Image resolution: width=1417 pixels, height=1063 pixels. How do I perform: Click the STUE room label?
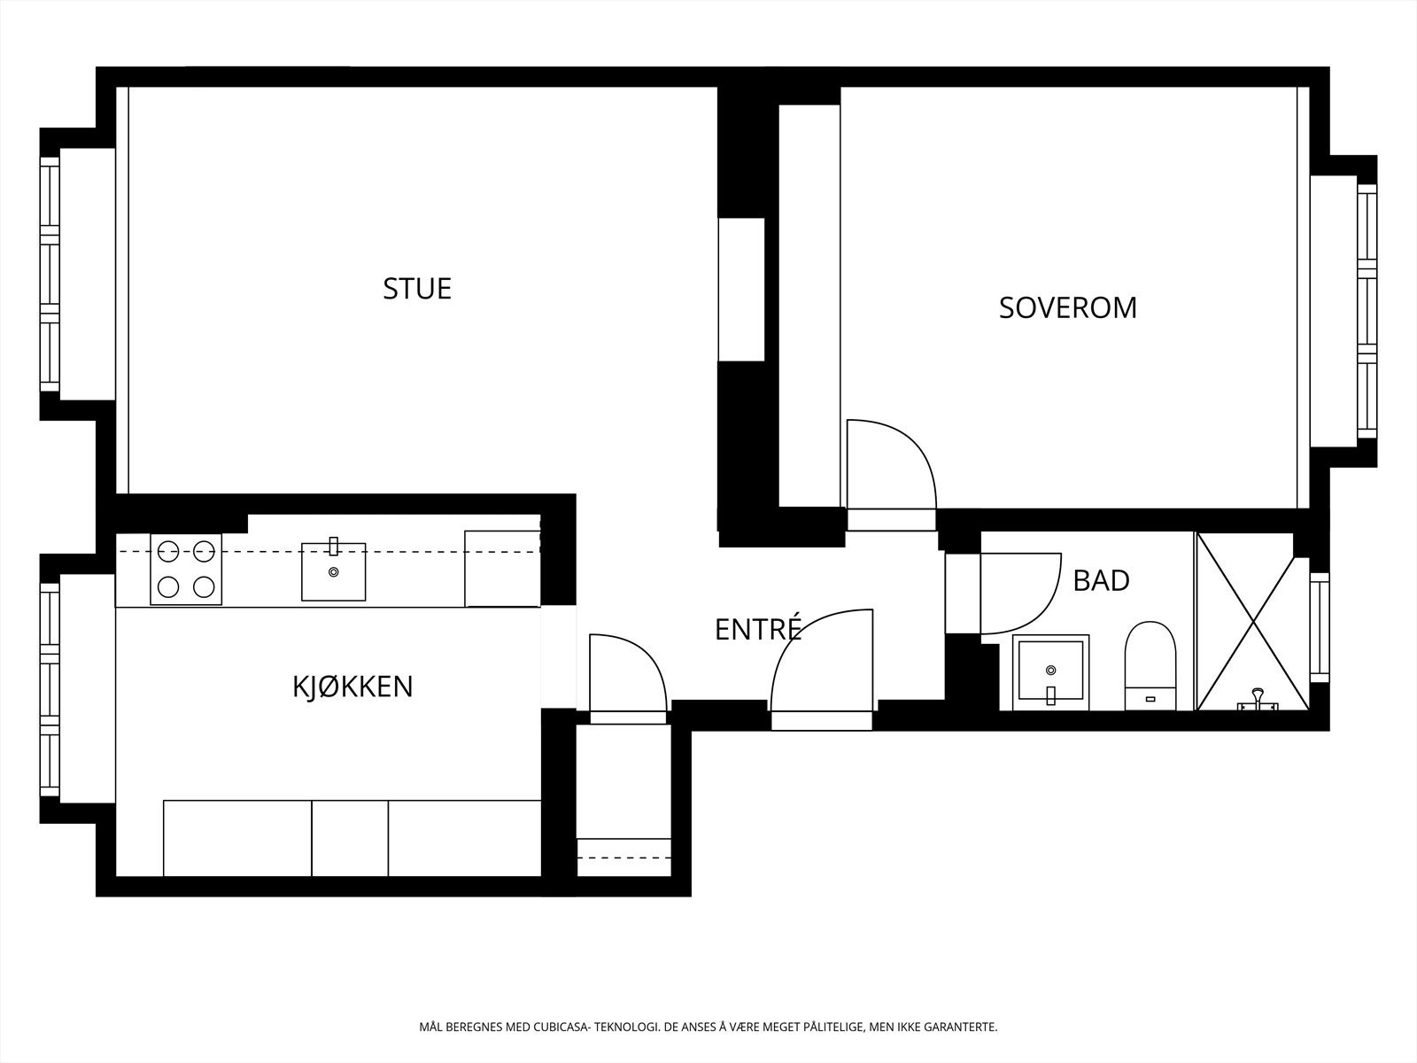[x=417, y=289]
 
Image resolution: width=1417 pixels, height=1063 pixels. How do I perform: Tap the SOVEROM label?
[x=1067, y=307]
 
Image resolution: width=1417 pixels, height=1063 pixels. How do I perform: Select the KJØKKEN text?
[x=352, y=687]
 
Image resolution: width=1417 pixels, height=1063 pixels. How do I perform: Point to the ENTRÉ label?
[x=757, y=629]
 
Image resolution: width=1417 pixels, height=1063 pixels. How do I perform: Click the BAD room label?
[x=1101, y=581]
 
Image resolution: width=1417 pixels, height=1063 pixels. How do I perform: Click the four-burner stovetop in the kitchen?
[x=186, y=570]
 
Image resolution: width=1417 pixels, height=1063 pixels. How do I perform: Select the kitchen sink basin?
[x=333, y=572]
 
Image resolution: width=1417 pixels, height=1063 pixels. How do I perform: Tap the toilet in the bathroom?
[x=1150, y=664]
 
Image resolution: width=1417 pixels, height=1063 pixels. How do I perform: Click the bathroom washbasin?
[x=1051, y=672]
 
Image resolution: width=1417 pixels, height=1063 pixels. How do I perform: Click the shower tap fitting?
[x=1257, y=700]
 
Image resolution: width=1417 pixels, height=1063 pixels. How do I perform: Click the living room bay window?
[x=50, y=275]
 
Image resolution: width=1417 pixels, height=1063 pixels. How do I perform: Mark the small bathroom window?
[x=1320, y=626]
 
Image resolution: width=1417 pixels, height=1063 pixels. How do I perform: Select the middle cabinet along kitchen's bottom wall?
[x=350, y=838]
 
